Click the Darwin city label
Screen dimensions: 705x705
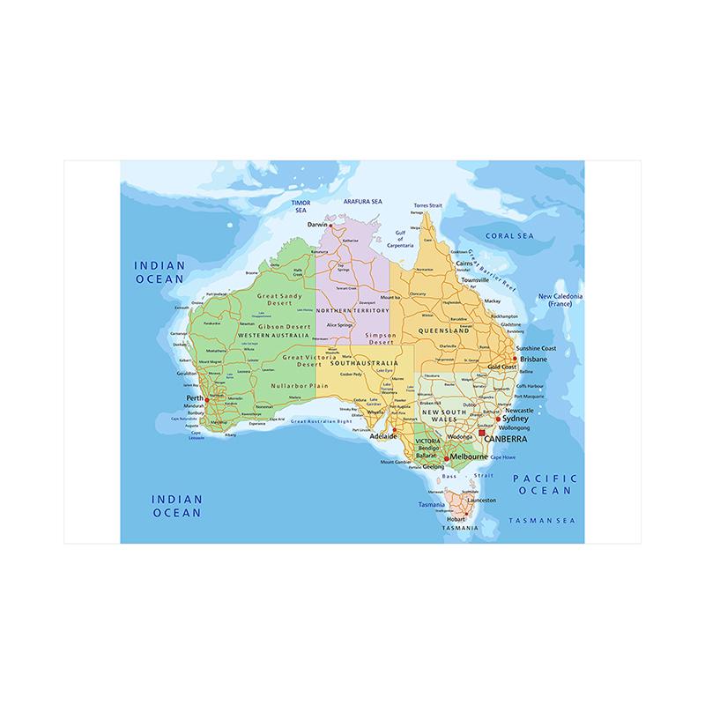point(316,225)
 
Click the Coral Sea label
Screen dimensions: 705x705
point(511,235)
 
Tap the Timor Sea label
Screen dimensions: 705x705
point(301,207)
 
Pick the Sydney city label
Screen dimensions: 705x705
point(514,418)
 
